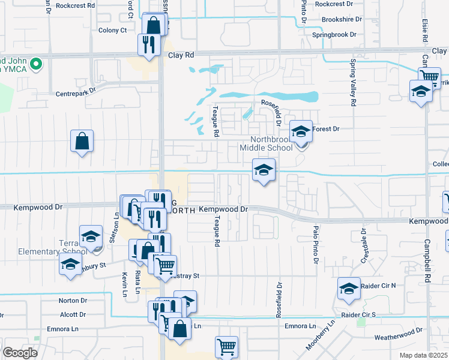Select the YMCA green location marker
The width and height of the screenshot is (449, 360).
[36, 62]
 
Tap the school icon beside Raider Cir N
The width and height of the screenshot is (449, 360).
[349, 288]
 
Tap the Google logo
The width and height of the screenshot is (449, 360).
[20, 353]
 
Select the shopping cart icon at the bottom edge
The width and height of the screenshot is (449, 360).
[226, 346]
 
